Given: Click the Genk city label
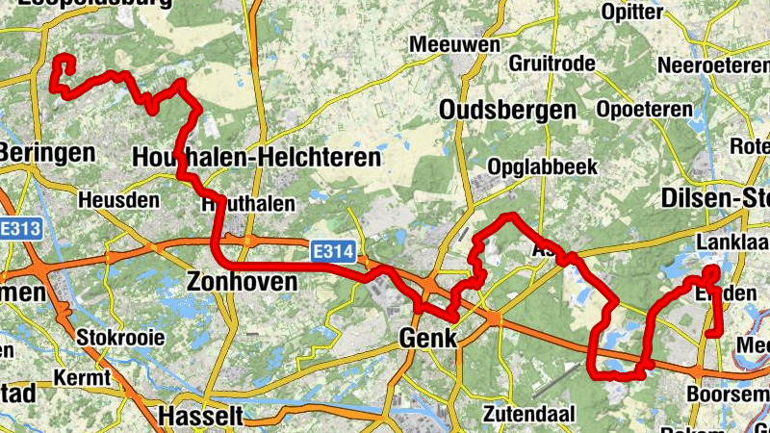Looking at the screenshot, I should tap(427, 338).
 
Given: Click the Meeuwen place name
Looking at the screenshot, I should tap(455, 44).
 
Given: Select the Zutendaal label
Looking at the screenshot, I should tap(528, 415).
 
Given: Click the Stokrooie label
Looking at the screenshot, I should tap(120, 338).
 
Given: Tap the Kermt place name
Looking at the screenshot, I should tap(84, 377).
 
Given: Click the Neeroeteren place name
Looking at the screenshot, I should tap(712, 65).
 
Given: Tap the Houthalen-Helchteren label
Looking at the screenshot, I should tap(256, 157).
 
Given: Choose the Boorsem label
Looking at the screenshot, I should tap(727, 394).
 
